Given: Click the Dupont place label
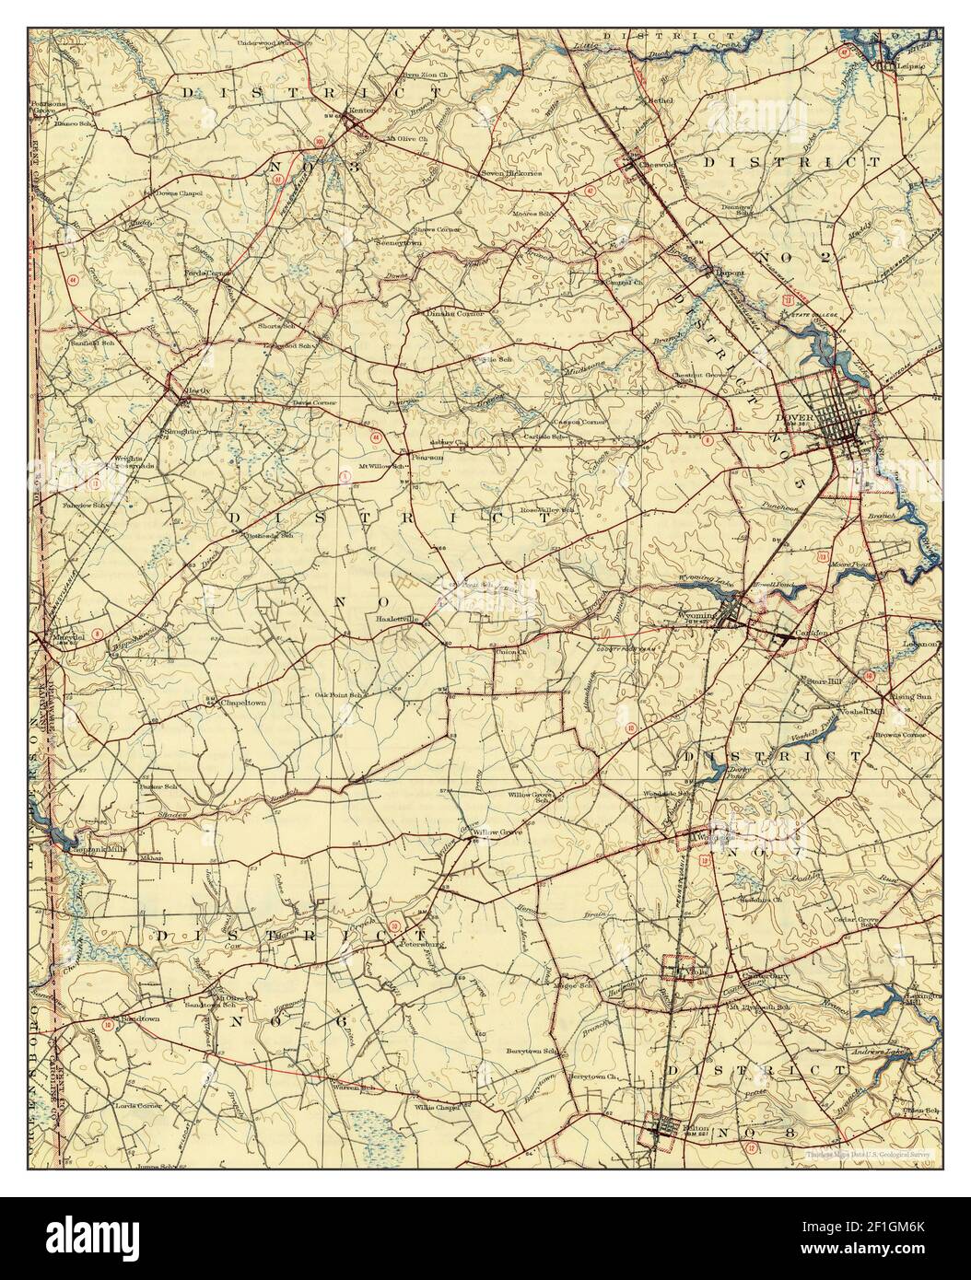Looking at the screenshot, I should (x=731, y=273).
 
